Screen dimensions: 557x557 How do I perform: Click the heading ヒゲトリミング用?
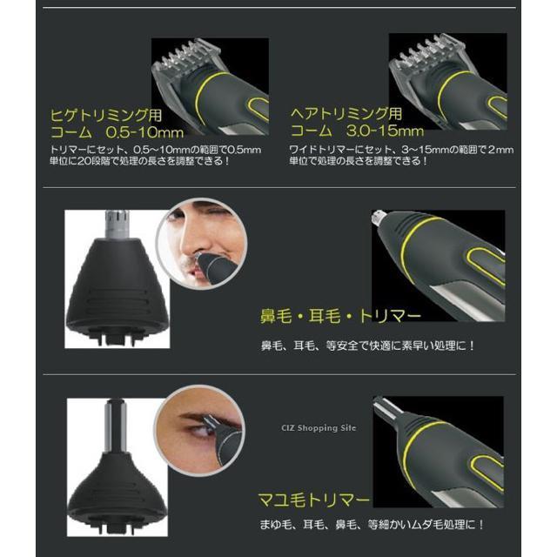pyautogui.click(x=106, y=116)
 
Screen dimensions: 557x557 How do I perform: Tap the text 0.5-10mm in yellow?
pyautogui.click(x=145, y=132)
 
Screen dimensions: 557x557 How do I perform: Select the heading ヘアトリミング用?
pyautogui.click(x=346, y=114)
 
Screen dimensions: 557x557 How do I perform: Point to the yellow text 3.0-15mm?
pyautogui.click(x=385, y=131)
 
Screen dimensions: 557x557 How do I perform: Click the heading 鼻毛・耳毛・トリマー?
pyautogui.click(x=340, y=316)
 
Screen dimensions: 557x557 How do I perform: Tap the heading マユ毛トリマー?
pyautogui.click(x=314, y=500)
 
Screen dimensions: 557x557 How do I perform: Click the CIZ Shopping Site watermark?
pyautogui.click(x=319, y=428)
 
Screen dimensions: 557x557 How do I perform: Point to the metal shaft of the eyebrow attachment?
pyautogui.click(x=117, y=426)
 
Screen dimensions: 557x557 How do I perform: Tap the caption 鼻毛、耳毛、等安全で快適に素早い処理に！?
pyautogui.click(x=368, y=346)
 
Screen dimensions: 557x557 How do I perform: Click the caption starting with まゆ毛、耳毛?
pyautogui.click(x=372, y=524)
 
